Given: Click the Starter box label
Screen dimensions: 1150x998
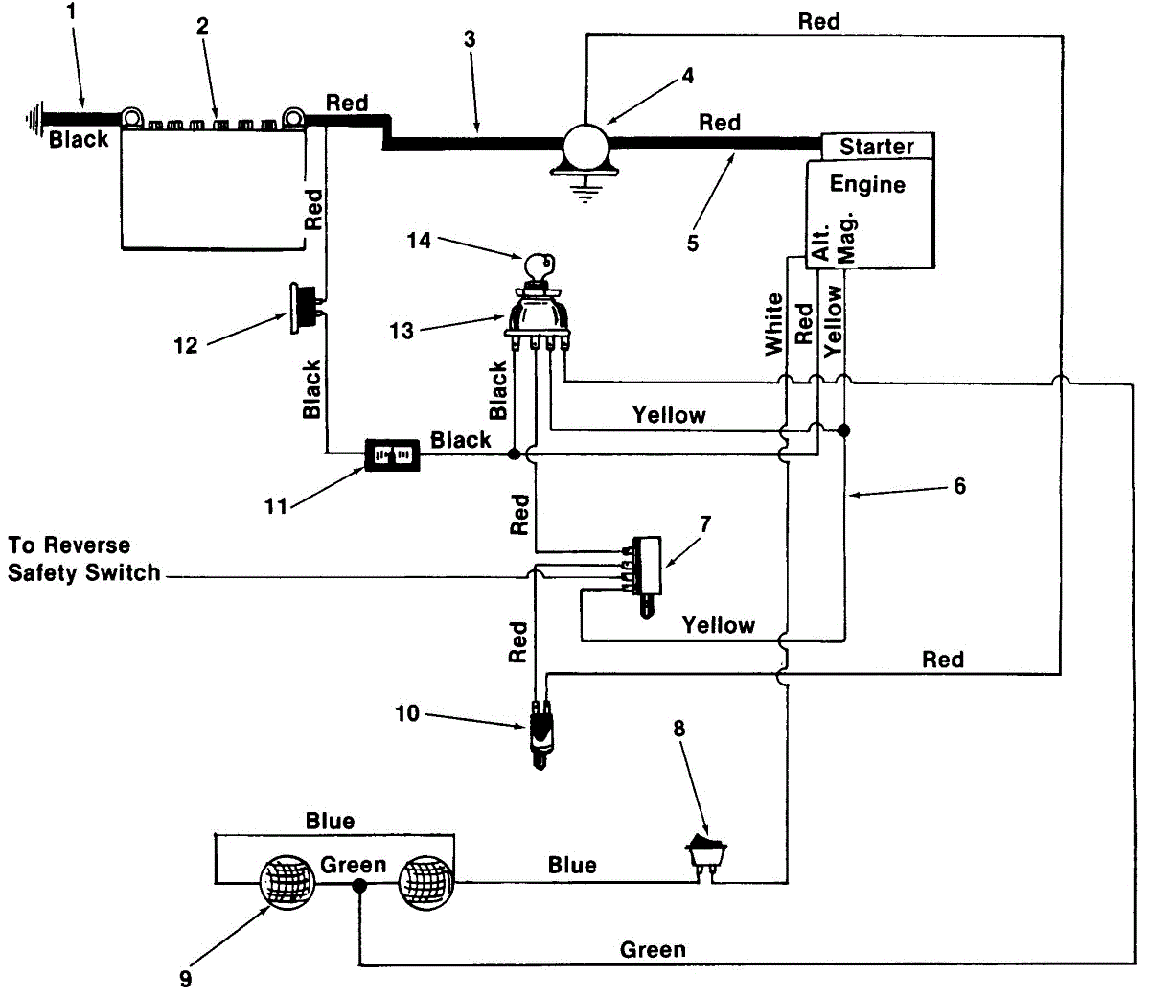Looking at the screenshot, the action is coord(876,146).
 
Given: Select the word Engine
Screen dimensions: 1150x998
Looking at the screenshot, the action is coord(867,184).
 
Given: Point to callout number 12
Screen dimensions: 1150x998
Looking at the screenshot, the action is coord(186,345).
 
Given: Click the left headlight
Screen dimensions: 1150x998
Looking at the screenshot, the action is coord(287,883).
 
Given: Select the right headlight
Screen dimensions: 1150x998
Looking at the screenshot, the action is coord(425,883).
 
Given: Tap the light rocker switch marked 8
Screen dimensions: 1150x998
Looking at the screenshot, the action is coord(706,855).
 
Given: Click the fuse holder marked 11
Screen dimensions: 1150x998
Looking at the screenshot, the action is coord(392,454).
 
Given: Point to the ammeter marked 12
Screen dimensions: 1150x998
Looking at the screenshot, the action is coord(304,308).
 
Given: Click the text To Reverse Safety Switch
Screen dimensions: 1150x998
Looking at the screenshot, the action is coord(84,559).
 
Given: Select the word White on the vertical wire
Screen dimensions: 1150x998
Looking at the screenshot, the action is coord(774,324).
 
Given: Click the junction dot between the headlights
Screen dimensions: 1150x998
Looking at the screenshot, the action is coord(359,886).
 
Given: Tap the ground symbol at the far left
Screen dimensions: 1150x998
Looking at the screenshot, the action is coord(34,119).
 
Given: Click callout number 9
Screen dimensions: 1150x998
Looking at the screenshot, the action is coord(186,979).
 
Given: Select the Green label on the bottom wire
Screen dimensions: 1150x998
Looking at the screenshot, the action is coord(653,950).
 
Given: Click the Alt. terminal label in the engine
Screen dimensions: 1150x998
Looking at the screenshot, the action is coord(821,243).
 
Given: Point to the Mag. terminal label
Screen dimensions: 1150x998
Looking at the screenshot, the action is coord(846,237).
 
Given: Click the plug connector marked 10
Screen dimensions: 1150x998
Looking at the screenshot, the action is coord(540,733).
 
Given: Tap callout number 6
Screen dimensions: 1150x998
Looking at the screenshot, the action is coord(959,486).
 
